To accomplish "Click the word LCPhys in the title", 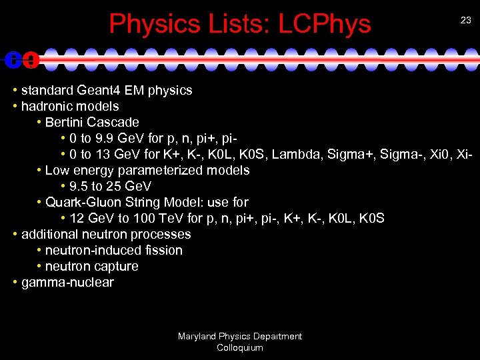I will pyautogui.click(x=325, y=24).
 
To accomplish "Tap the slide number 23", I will pyautogui.click(x=466, y=21).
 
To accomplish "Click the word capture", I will pyautogui.click(x=117, y=266).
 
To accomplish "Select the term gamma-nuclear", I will pyautogui.click(x=67, y=282).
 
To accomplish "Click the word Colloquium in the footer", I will pyautogui.click(x=240, y=347).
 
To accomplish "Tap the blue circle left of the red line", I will pyautogui.click(x=13, y=60).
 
